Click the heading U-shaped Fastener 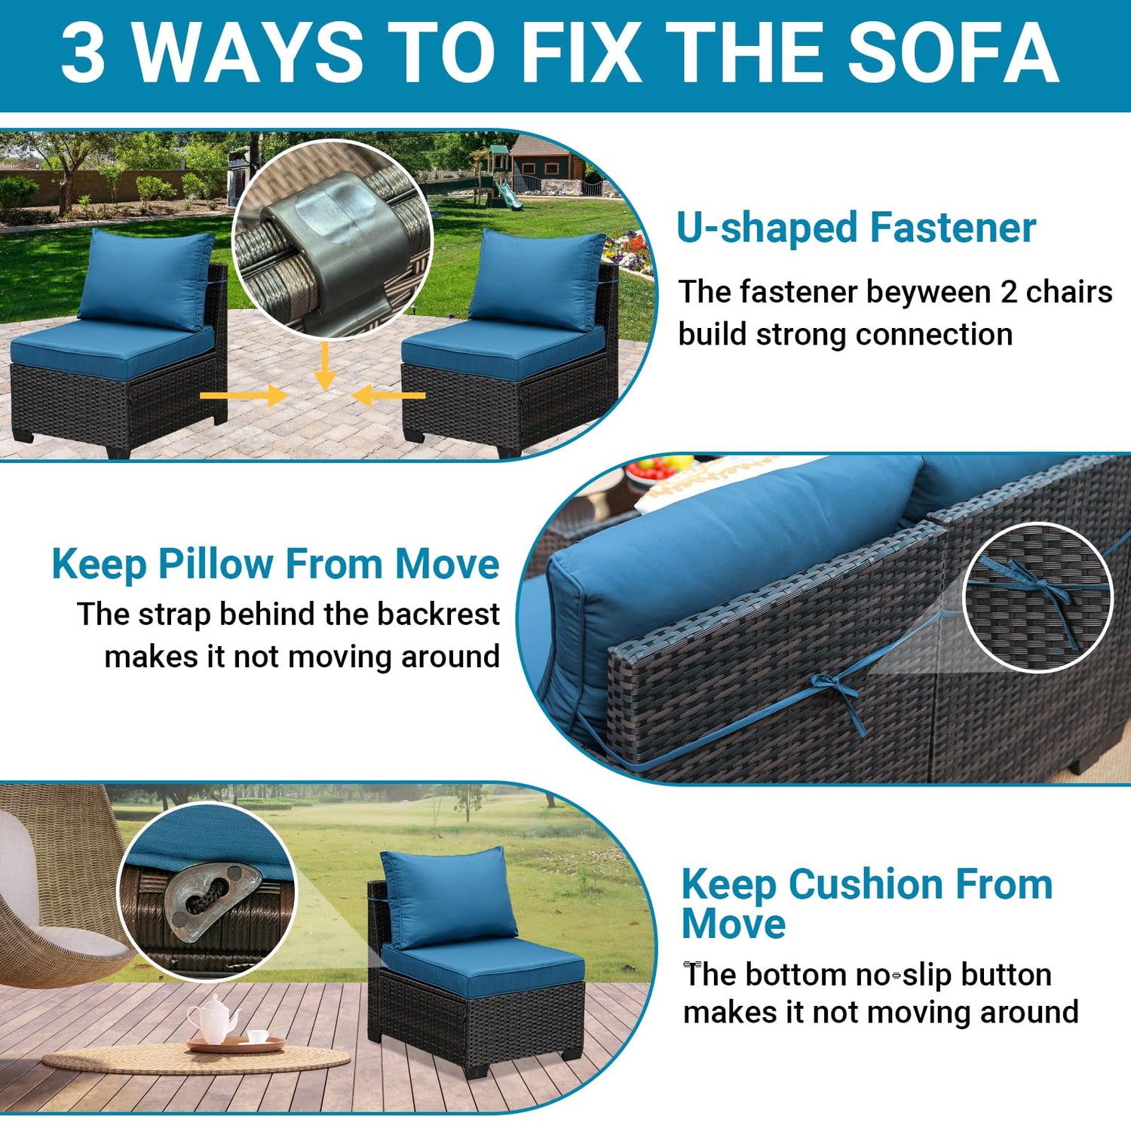pos(856,228)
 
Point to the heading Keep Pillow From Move pos(275,564)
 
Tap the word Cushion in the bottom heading pos(866,884)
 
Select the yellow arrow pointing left pos(389,395)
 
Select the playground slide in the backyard pos(507,195)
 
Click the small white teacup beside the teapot pos(257,1037)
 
